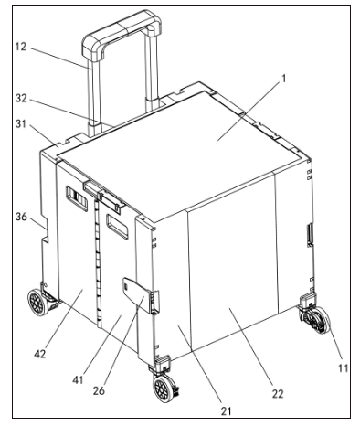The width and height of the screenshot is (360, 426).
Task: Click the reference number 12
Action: click(21, 48)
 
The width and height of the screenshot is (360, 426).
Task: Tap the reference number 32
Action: click(21, 99)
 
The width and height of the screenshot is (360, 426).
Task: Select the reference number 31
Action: click(21, 124)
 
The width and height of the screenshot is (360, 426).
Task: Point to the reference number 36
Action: click(21, 218)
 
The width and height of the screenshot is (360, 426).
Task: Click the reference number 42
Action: click(40, 354)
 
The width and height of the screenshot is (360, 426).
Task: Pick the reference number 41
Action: click(79, 380)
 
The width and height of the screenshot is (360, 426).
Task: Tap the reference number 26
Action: click(100, 391)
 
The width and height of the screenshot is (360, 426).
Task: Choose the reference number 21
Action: click(226, 411)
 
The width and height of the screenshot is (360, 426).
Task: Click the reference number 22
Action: click(278, 394)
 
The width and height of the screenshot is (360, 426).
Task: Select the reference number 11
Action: click(344, 368)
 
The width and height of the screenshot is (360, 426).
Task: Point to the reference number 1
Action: click(284, 79)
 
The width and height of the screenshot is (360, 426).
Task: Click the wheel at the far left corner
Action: click(37, 303)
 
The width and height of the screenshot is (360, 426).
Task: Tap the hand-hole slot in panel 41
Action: click(117, 227)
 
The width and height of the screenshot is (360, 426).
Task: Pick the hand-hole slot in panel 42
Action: click(77, 198)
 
